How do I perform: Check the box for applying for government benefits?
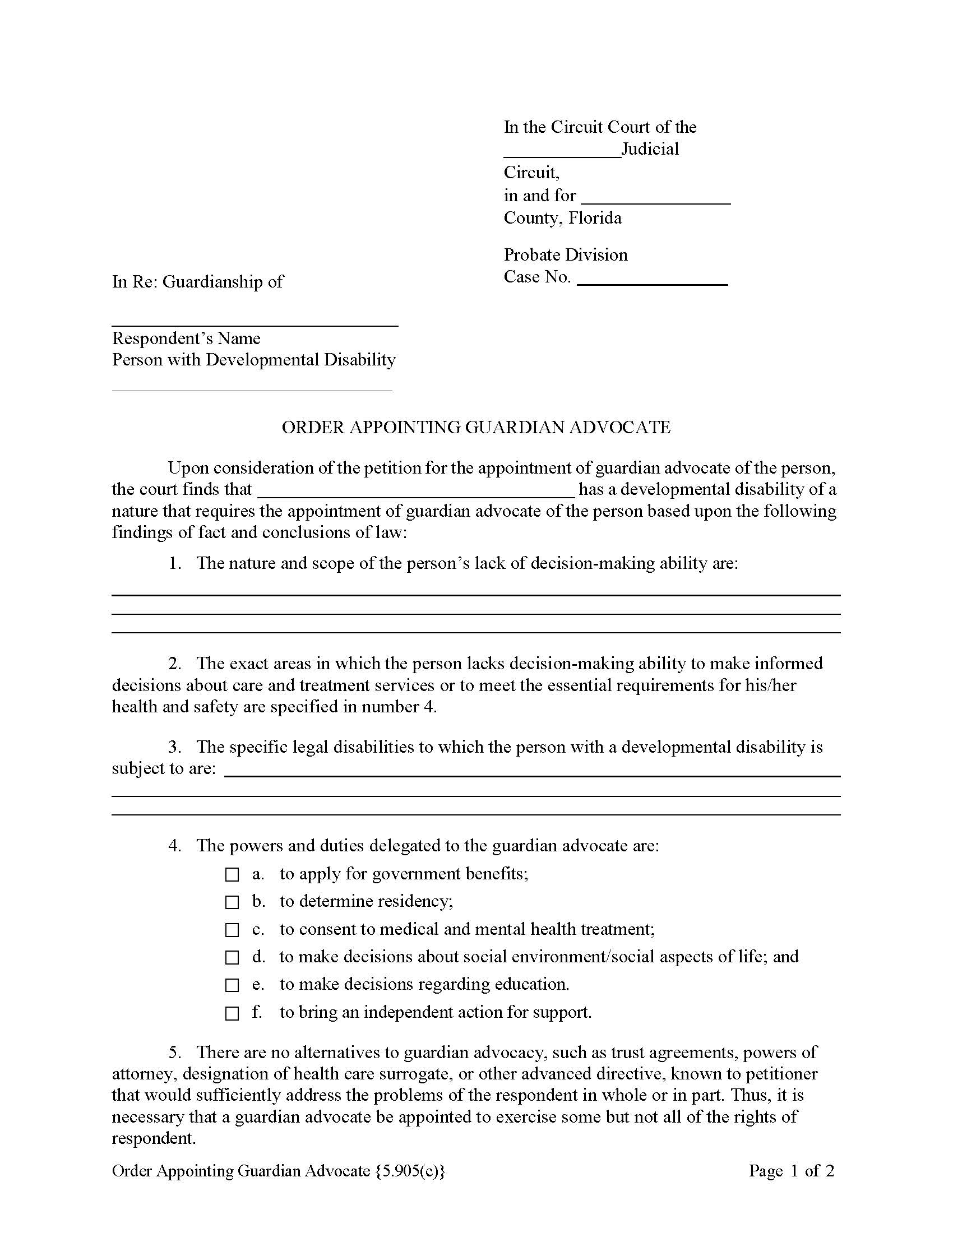pyautogui.click(x=232, y=875)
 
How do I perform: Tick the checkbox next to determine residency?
pyautogui.click(x=232, y=903)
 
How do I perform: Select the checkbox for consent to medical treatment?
pyautogui.click(x=232, y=930)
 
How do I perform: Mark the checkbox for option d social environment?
pyautogui.click(x=232, y=958)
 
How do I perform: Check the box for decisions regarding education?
pyautogui.click(x=232, y=986)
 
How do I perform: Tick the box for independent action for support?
pyautogui.click(x=232, y=1014)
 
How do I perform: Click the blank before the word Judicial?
pyautogui.click(x=562, y=151)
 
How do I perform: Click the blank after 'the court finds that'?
pyautogui.click(x=416, y=490)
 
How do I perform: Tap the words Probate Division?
pyautogui.click(x=565, y=255)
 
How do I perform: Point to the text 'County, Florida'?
pyautogui.click(x=562, y=219)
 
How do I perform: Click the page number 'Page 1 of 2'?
pyautogui.click(x=791, y=1171)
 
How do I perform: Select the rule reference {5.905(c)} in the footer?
pyautogui.click(x=410, y=1171)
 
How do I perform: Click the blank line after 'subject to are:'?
pyautogui.click(x=532, y=771)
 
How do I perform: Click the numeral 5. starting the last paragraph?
pyautogui.click(x=175, y=1053)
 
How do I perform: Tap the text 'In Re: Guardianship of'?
pyautogui.click(x=197, y=282)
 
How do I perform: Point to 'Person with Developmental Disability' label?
pyautogui.click(x=253, y=360)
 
